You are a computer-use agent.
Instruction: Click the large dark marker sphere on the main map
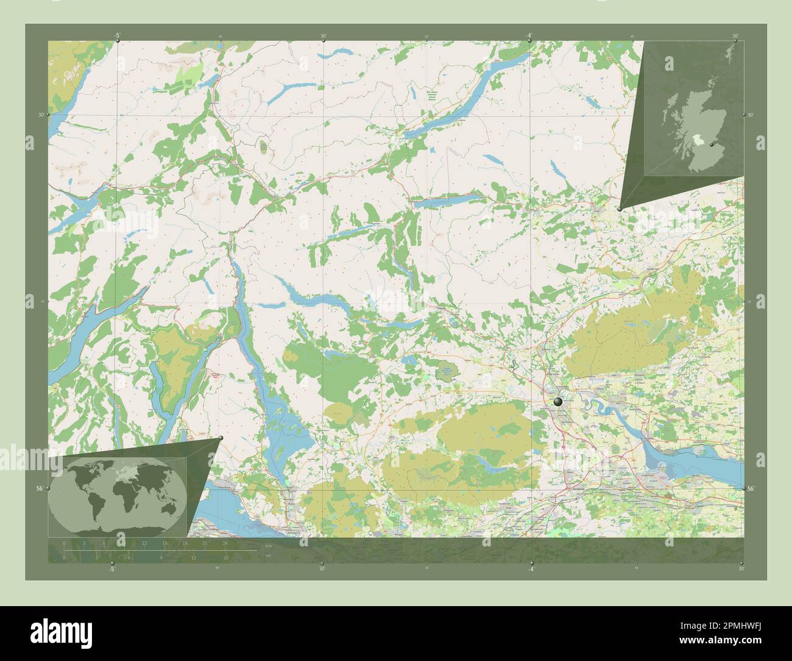click(x=558, y=401)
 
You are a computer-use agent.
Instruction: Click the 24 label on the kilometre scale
click(x=225, y=543)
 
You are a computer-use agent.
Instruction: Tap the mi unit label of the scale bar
click(x=267, y=556)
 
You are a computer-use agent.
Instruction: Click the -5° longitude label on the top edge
click(x=116, y=35)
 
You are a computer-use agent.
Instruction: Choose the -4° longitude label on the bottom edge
click(x=530, y=570)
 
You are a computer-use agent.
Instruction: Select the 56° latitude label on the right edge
click(x=751, y=488)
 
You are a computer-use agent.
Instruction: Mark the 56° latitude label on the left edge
click(x=40, y=488)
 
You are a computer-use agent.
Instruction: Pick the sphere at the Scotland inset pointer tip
click(x=619, y=209)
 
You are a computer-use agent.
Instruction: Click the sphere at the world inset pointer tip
click(x=221, y=438)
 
